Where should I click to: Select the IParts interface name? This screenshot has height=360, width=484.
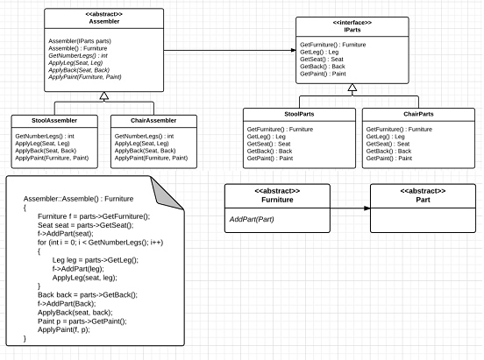352,29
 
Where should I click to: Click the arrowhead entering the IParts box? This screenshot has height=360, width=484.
289,50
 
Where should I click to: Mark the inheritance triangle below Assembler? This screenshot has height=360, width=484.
103,95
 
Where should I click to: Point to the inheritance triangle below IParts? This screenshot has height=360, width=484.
352,88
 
